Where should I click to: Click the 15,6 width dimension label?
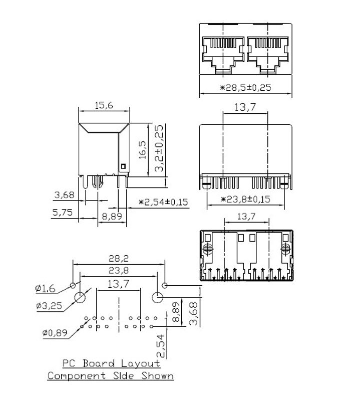point(104,105)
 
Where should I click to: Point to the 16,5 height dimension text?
point(143,150)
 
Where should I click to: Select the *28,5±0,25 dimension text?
point(245,88)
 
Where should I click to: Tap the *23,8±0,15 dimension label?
point(245,200)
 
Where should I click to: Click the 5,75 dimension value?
point(63,212)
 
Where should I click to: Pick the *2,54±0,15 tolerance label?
point(163,203)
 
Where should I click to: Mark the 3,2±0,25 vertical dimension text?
point(159,148)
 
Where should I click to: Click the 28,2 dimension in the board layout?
point(119,258)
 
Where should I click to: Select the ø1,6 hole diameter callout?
point(46,289)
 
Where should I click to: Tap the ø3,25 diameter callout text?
point(49,306)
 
